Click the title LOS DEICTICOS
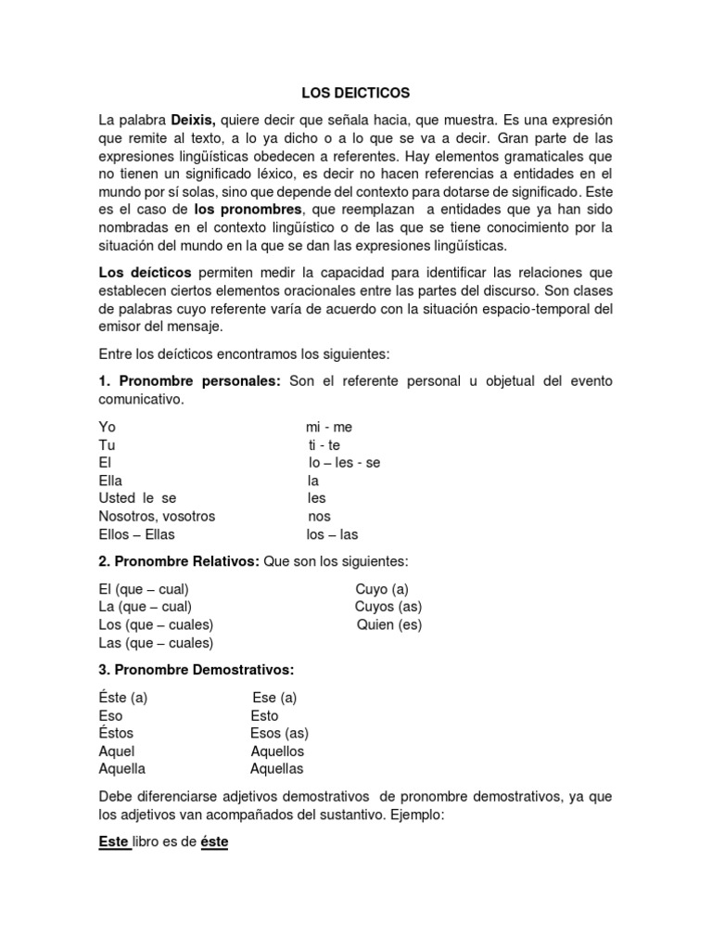[x=356, y=94]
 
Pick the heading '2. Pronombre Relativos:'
[x=180, y=562]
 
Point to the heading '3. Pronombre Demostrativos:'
[x=196, y=670]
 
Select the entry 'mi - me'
[x=329, y=427]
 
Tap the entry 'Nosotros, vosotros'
[x=157, y=517]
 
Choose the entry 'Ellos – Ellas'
[x=136, y=534]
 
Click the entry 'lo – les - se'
[x=344, y=463]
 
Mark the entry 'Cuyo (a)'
[x=381, y=589]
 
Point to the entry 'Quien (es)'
[x=389, y=624]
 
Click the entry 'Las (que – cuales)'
[x=156, y=643]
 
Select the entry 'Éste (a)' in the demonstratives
[x=123, y=698]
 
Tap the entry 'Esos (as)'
[x=279, y=733]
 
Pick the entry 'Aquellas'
[x=276, y=769]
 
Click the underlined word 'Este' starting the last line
[x=113, y=841]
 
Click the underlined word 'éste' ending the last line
[x=214, y=841]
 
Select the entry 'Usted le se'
[x=137, y=498]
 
